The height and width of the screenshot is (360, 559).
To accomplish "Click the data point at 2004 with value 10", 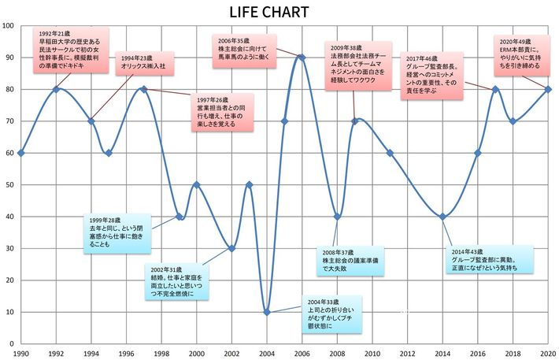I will (x=267, y=312).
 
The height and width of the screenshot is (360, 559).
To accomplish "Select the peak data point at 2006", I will (x=302, y=57).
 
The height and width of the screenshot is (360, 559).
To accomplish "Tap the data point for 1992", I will (x=56, y=89).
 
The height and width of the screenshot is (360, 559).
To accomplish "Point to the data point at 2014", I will (x=442, y=217).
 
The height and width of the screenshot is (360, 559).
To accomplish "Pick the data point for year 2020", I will (x=548, y=89).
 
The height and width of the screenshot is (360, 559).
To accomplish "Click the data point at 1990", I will (x=20, y=153).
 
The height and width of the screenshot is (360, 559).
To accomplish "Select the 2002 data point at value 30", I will (x=231, y=248).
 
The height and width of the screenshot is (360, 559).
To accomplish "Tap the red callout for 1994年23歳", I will (x=144, y=63).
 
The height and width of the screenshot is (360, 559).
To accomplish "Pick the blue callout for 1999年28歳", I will (x=117, y=232).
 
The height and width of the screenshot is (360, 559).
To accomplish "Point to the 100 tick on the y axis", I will (x=9, y=25).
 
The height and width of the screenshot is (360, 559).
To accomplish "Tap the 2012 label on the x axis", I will (x=407, y=353).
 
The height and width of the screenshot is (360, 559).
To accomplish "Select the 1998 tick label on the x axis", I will (x=161, y=353).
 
